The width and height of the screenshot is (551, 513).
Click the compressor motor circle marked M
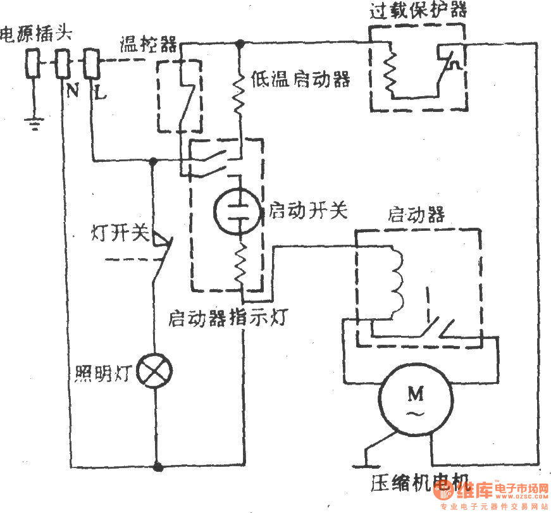pos(416,402)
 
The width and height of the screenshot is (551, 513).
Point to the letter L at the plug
pos(99,92)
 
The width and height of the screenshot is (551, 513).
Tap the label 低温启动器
pos(300,80)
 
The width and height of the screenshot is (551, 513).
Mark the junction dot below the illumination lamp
pos(157,467)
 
